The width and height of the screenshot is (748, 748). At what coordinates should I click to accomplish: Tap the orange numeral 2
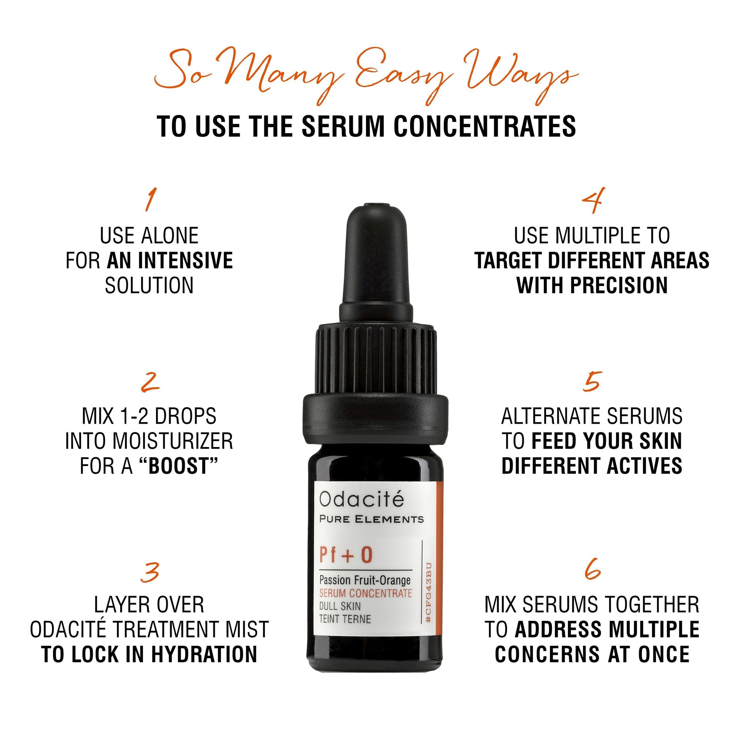[x=150, y=382]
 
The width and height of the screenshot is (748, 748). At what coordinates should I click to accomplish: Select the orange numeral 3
[x=150, y=573]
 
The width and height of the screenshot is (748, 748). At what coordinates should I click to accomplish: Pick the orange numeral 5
[x=592, y=381]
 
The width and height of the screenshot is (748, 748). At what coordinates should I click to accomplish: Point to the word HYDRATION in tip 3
[x=204, y=654]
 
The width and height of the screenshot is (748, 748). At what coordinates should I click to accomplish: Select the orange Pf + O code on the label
[x=346, y=555]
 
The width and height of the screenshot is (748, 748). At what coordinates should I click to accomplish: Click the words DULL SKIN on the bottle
[x=340, y=606]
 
